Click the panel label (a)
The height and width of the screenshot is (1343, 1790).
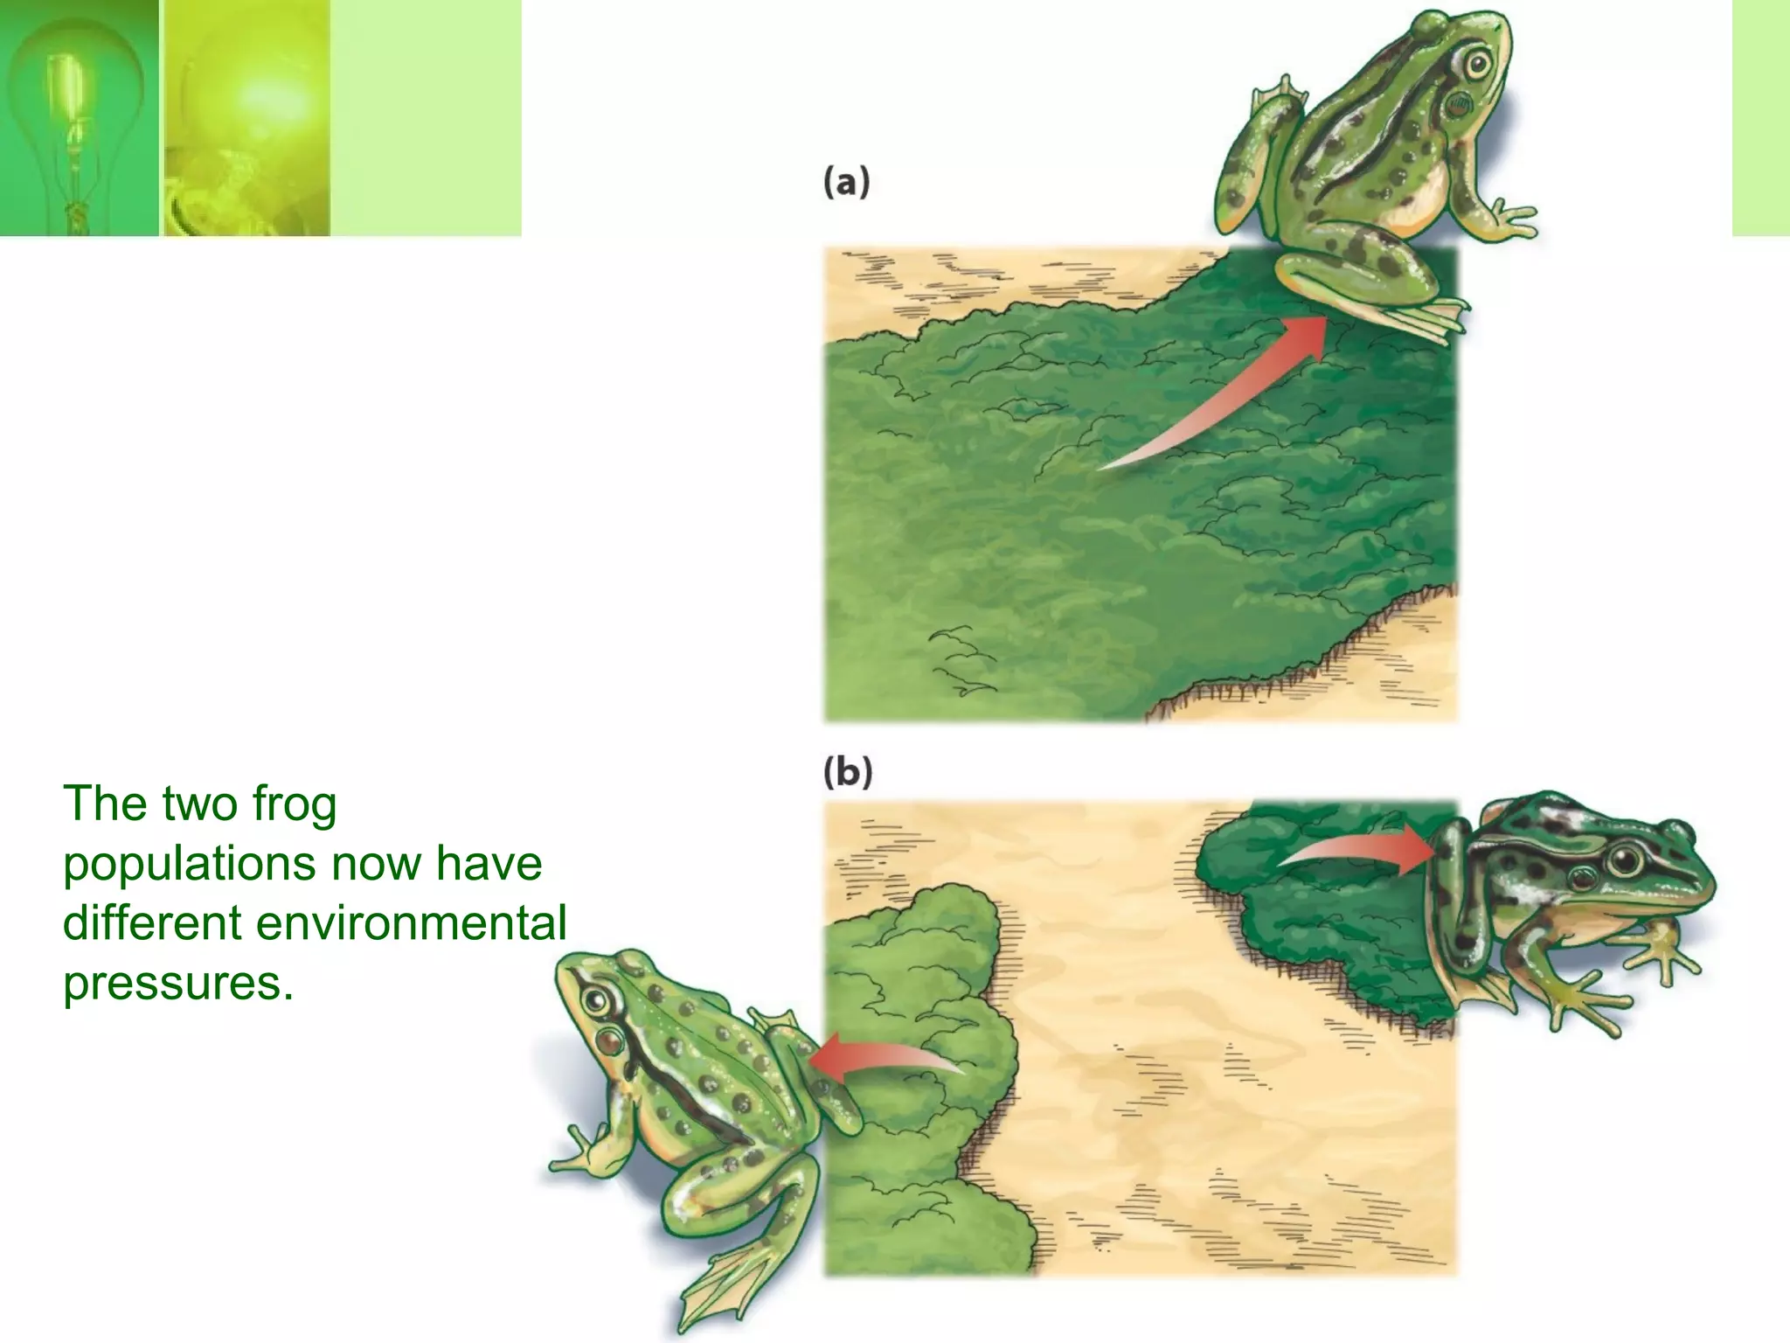846,184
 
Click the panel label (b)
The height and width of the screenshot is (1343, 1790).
847,773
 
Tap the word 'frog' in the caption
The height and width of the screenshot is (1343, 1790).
294,804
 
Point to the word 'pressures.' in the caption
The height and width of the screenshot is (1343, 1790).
177,983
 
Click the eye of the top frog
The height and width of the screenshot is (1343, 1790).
1478,64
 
